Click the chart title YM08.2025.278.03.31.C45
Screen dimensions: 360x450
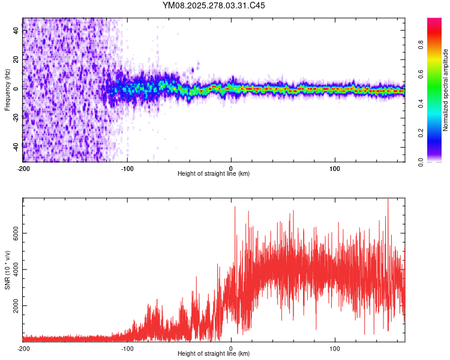(214, 5)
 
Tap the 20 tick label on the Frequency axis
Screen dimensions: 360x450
(16, 59)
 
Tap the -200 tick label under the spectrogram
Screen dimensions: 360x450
(23, 169)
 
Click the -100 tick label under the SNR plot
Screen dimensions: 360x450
(127, 349)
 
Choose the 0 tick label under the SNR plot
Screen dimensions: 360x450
(232, 349)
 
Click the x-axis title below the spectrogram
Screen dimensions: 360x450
(214, 174)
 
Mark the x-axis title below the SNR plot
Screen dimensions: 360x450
(214, 354)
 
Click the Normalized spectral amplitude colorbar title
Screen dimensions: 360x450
(446, 90)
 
